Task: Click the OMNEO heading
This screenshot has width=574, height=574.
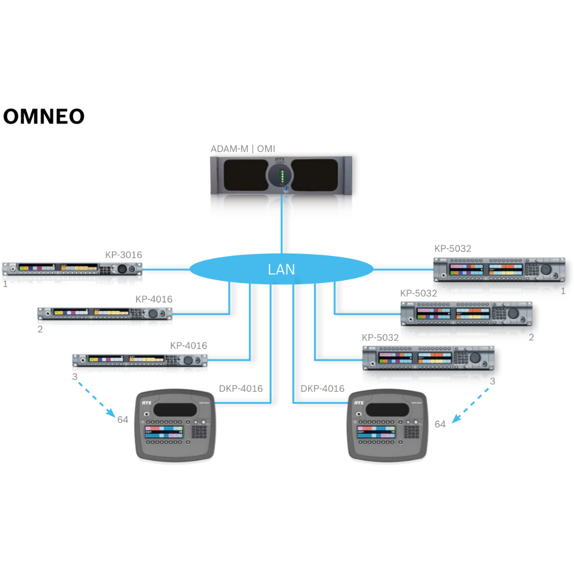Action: tap(44, 116)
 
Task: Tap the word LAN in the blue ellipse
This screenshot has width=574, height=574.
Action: tap(281, 269)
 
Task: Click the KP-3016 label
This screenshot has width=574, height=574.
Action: tap(123, 255)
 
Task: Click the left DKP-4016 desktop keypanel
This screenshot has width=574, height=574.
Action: tap(176, 426)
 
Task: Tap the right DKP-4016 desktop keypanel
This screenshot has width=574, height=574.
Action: tap(387, 426)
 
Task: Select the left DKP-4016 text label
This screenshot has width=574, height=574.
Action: tap(241, 389)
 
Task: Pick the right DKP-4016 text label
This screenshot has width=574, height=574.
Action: tap(322, 389)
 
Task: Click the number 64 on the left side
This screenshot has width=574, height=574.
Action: tap(123, 419)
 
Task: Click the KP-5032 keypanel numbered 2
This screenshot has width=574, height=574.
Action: tap(466, 313)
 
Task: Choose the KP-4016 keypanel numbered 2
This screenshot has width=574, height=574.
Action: tap(105, 314)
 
